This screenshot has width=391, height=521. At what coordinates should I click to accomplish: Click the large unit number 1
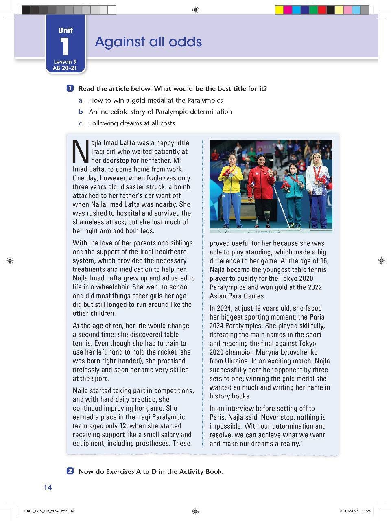point(65,46)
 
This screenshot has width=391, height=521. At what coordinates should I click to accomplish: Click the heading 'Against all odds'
point(148,42)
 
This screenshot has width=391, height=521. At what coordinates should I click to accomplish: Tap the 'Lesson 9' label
point(65,62)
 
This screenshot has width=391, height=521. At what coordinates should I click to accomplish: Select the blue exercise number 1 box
point(70,88)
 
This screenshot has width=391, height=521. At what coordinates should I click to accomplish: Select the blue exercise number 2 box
point(70,471)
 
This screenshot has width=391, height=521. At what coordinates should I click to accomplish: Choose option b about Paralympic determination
point(160,112)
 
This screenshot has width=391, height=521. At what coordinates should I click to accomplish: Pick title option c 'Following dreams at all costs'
point(132,123)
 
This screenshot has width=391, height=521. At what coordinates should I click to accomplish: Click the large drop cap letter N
point(80,151)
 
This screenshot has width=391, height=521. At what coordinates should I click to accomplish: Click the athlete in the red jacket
point(261,183)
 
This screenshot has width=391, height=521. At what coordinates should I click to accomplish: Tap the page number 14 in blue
point(48,487)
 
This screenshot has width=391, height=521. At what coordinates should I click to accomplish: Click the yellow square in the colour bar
point(279,10)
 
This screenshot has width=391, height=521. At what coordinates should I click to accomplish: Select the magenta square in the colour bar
point(288,10)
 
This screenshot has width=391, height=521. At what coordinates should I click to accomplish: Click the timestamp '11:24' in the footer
point(366,511)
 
